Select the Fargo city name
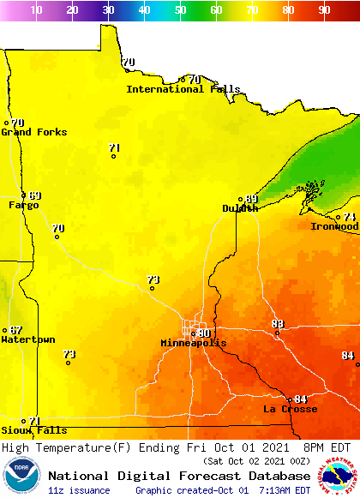point(23,205)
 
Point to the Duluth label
point(240,208)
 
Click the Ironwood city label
point(334,226)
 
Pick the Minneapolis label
point(194,343)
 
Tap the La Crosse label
point(290,409)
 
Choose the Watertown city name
point(27,339)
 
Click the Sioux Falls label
point(33,430)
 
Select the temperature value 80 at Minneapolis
point(204,333)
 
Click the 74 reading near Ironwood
point(349,217)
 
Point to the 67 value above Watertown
point(16,330)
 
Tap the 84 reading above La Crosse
point(300,399)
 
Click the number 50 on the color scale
point(181,9)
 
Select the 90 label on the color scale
point(325,9)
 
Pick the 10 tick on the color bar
point(37,9)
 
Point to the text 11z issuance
point(80,490)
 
